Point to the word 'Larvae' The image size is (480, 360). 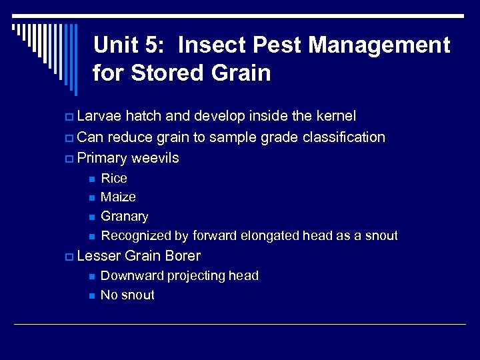pos(99,116)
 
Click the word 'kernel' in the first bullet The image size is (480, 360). pos(335,116)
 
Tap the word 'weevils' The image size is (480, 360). pos(155,158)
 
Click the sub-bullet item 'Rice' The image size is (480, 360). pos(113,178)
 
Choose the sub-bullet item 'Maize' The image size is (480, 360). pos(118,197)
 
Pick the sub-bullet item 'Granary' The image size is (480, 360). pos(124,217)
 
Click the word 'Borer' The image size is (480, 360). pos(181,256)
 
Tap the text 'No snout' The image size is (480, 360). pos(127,295)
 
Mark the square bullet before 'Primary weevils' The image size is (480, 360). pos(70,159)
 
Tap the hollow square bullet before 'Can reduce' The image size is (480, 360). pos(70,138)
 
